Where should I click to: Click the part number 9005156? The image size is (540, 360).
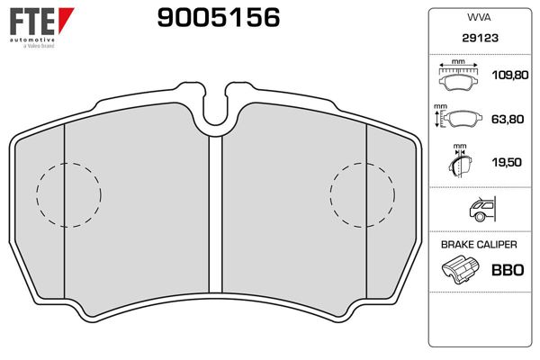coord(219,18)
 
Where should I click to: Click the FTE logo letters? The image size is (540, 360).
coord(32,22)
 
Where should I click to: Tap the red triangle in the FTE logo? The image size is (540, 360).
coord(66,19)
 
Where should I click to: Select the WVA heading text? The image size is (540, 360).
coord(479,18)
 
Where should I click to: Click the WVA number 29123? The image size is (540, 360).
coord(480,38)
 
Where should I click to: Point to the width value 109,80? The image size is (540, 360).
coord(509,75)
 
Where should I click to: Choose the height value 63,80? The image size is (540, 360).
coord(508,119)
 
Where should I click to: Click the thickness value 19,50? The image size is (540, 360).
coord(507,162)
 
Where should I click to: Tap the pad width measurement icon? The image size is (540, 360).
coord(458,75)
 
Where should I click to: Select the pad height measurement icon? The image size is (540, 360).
coord(458,117)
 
